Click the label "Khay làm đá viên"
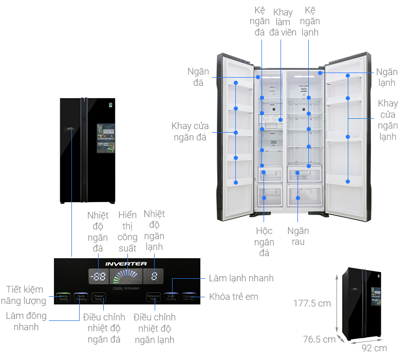[x=283, y=22]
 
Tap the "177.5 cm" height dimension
[x=312, y=303]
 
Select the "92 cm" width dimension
[x=375, y=348]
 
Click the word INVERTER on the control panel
[x=126, y=264]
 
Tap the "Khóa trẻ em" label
[x=234, y=297]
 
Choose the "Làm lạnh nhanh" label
[x=241, y=278]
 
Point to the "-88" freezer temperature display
[x=98, y=277]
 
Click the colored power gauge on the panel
[x=126, y=277]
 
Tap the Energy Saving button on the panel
[x=64, y=297]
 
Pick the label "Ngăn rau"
[x=298, y=236]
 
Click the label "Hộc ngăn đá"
[x=264, y=242]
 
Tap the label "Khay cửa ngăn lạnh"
[x=388, y=120]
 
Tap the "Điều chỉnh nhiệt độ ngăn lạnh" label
[x=155, y=328]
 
